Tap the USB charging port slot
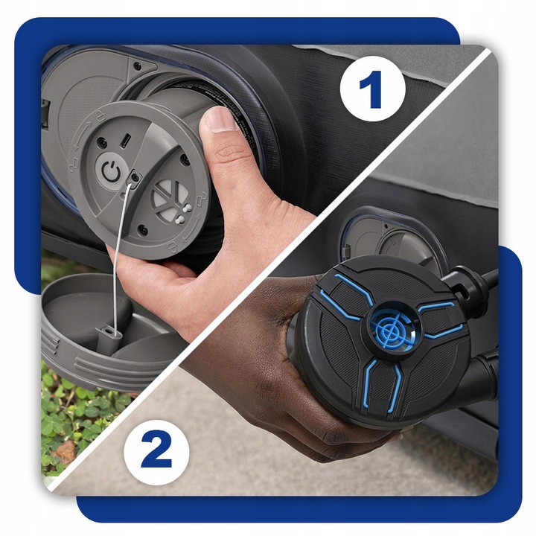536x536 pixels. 125,141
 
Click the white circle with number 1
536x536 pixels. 373,89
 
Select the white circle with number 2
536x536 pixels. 156,453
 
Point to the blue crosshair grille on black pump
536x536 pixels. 391,329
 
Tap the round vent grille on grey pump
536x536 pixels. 170,198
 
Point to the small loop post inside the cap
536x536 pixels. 109,332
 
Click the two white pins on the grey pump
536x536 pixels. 182,214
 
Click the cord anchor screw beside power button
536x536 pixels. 135,177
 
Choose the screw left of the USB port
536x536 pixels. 102,142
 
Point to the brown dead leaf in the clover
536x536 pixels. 65,451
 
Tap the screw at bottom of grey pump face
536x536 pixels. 143,230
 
